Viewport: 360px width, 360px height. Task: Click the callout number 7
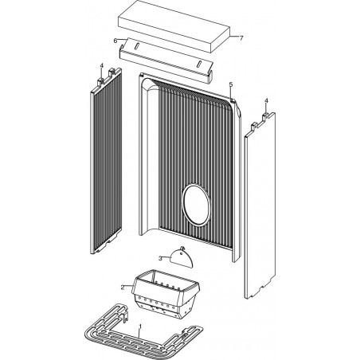click(x=241, y=38)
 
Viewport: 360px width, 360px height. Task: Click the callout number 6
click(x=115, y=41)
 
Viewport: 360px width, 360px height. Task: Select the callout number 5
click(x=231, y=84)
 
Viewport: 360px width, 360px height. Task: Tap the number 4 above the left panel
click(x=101, y=66)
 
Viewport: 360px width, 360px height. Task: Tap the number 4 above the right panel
click(x=267, y=100)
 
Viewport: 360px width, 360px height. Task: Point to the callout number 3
click(x=160, y=258)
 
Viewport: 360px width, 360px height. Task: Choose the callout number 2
click(x=123, y=288)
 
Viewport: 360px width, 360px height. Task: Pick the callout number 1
click(x=140, y=326)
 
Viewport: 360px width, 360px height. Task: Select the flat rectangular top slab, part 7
click(x=174, y=25)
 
